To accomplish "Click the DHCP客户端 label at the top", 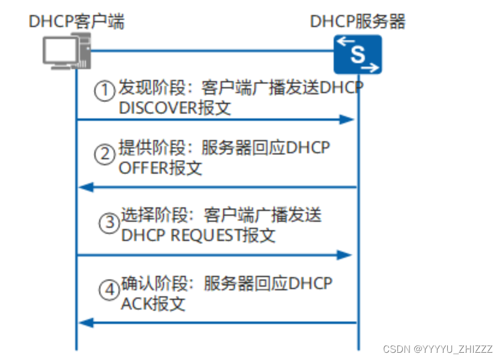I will point(76,22).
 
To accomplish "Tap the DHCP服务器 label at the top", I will point(358,22).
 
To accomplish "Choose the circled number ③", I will point(109,223).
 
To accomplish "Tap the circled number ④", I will point(109,290).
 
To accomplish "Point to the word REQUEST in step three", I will point(205,236).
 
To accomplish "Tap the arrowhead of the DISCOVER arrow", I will point(348,119).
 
